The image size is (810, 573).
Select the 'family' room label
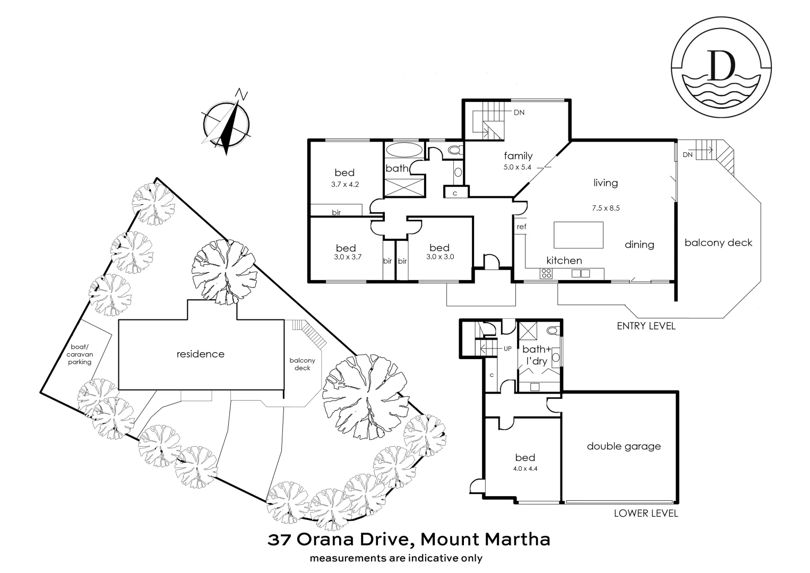(518, 155)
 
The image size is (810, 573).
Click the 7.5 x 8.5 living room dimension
(606, 208)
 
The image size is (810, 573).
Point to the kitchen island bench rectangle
(579, 235)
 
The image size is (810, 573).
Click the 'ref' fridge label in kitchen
(521, 227)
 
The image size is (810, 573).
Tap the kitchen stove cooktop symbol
(546, 274)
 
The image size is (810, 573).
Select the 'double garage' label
(624, 446)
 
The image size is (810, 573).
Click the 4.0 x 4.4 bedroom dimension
(524, 468)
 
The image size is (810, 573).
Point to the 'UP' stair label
(507, 349)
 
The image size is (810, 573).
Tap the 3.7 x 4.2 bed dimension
(344, 185)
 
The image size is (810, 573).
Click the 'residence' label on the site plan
(200, 354)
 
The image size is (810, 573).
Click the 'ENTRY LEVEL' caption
(645, 326)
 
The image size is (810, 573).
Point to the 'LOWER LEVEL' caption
(645, 513)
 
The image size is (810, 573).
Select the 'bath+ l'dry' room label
(536, 355)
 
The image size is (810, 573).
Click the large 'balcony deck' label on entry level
(718, 242)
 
